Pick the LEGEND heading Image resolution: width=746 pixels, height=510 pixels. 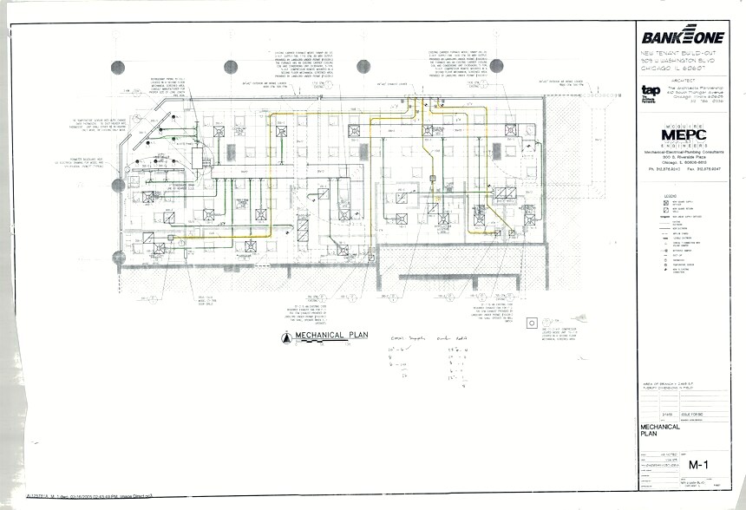[x=671, y=197]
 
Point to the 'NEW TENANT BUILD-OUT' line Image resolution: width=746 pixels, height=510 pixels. [x=685, y=53]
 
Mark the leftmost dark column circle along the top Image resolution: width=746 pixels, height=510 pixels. [x=118, y=67]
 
